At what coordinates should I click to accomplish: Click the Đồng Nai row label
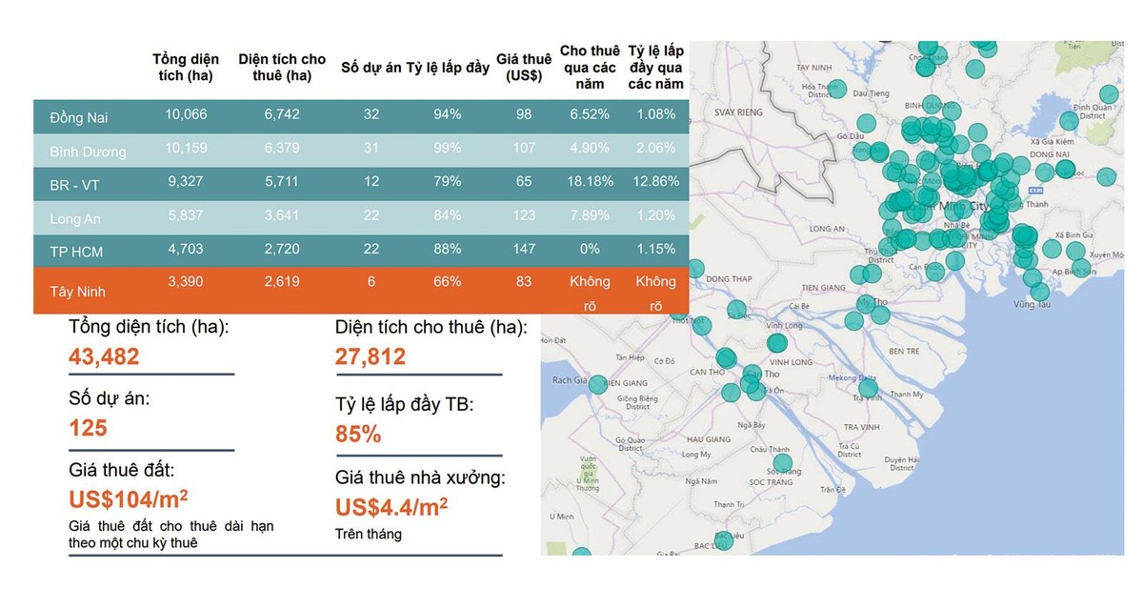click(x=79, y=117)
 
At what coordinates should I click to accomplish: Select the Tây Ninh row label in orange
click(x=78, y=292)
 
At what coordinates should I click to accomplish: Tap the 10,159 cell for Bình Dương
click(x=186, y=148)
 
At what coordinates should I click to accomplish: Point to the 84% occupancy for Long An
click(x=447, y=214)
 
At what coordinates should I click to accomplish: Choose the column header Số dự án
click(x=371, y=68)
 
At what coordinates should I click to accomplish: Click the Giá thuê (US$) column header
click(x=524, y=67)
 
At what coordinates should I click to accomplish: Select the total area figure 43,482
click(x=104, y=356)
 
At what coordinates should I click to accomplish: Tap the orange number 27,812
click(x=371, y=356)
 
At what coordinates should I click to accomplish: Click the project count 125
click(x=88, y=428)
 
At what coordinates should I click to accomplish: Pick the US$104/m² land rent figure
click(x=129, y=499)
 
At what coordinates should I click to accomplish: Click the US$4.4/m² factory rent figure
click(x=391, y=507)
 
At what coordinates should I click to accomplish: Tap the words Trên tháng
click(x=369, y=534)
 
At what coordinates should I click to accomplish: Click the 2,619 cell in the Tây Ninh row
click(x=282, y=281)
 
